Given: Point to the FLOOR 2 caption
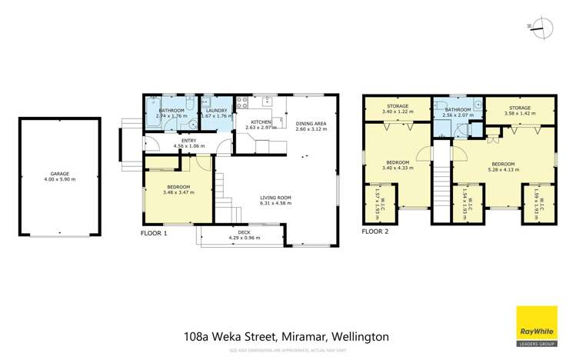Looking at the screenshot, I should pos(378,231).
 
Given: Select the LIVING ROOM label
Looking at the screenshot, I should pos(275,198).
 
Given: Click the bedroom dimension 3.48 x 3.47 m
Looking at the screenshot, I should pos(178,193).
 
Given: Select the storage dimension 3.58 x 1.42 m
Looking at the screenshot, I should pos(519,112).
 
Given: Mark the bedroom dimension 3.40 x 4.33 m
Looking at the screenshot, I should pos(398,167).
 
